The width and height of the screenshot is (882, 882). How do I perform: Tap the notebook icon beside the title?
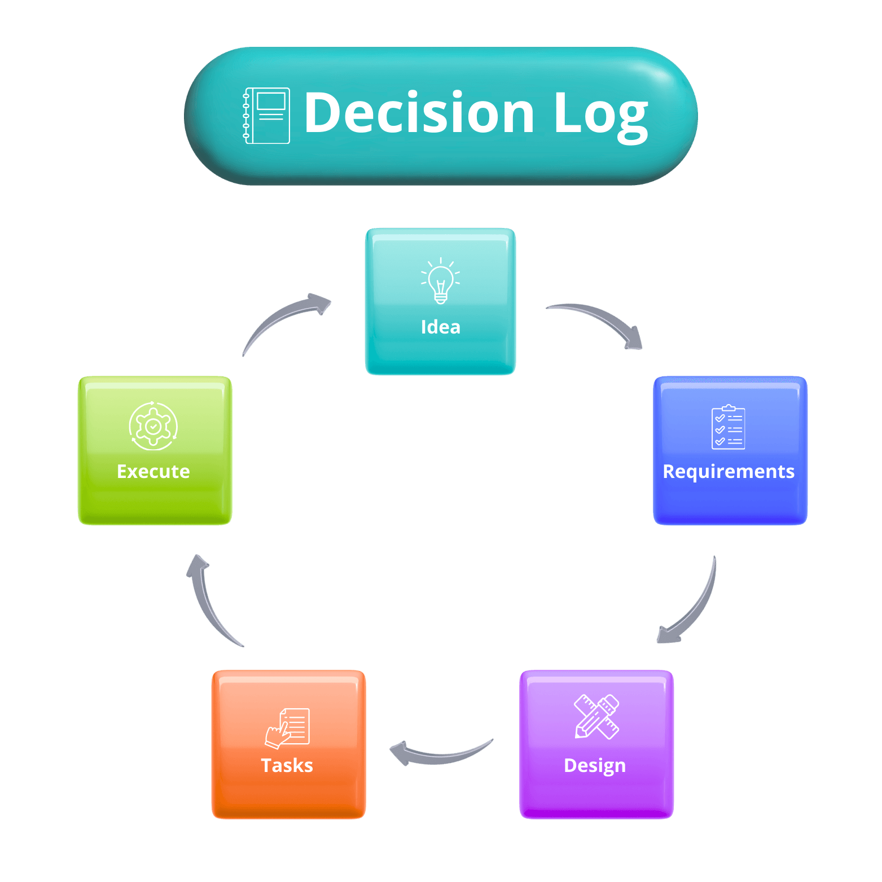click(266, 116)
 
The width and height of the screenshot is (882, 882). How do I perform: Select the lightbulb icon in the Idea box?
click(441, 281)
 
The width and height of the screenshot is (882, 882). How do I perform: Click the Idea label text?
click(441, 327)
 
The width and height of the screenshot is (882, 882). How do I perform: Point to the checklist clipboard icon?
click(728, 427)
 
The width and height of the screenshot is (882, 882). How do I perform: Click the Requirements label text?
click(729, 471)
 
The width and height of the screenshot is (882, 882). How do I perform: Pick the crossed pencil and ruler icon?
click(596, 717)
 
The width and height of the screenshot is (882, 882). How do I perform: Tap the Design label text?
click(595, 765)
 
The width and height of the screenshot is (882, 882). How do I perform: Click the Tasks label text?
click(287, 765)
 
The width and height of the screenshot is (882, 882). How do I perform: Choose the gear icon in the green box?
click(153, 426)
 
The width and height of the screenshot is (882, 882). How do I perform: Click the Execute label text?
click(153, 471)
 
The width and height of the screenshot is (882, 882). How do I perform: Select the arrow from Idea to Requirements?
click(598, 321)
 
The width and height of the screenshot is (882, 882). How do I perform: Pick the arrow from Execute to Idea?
click(282, 319)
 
